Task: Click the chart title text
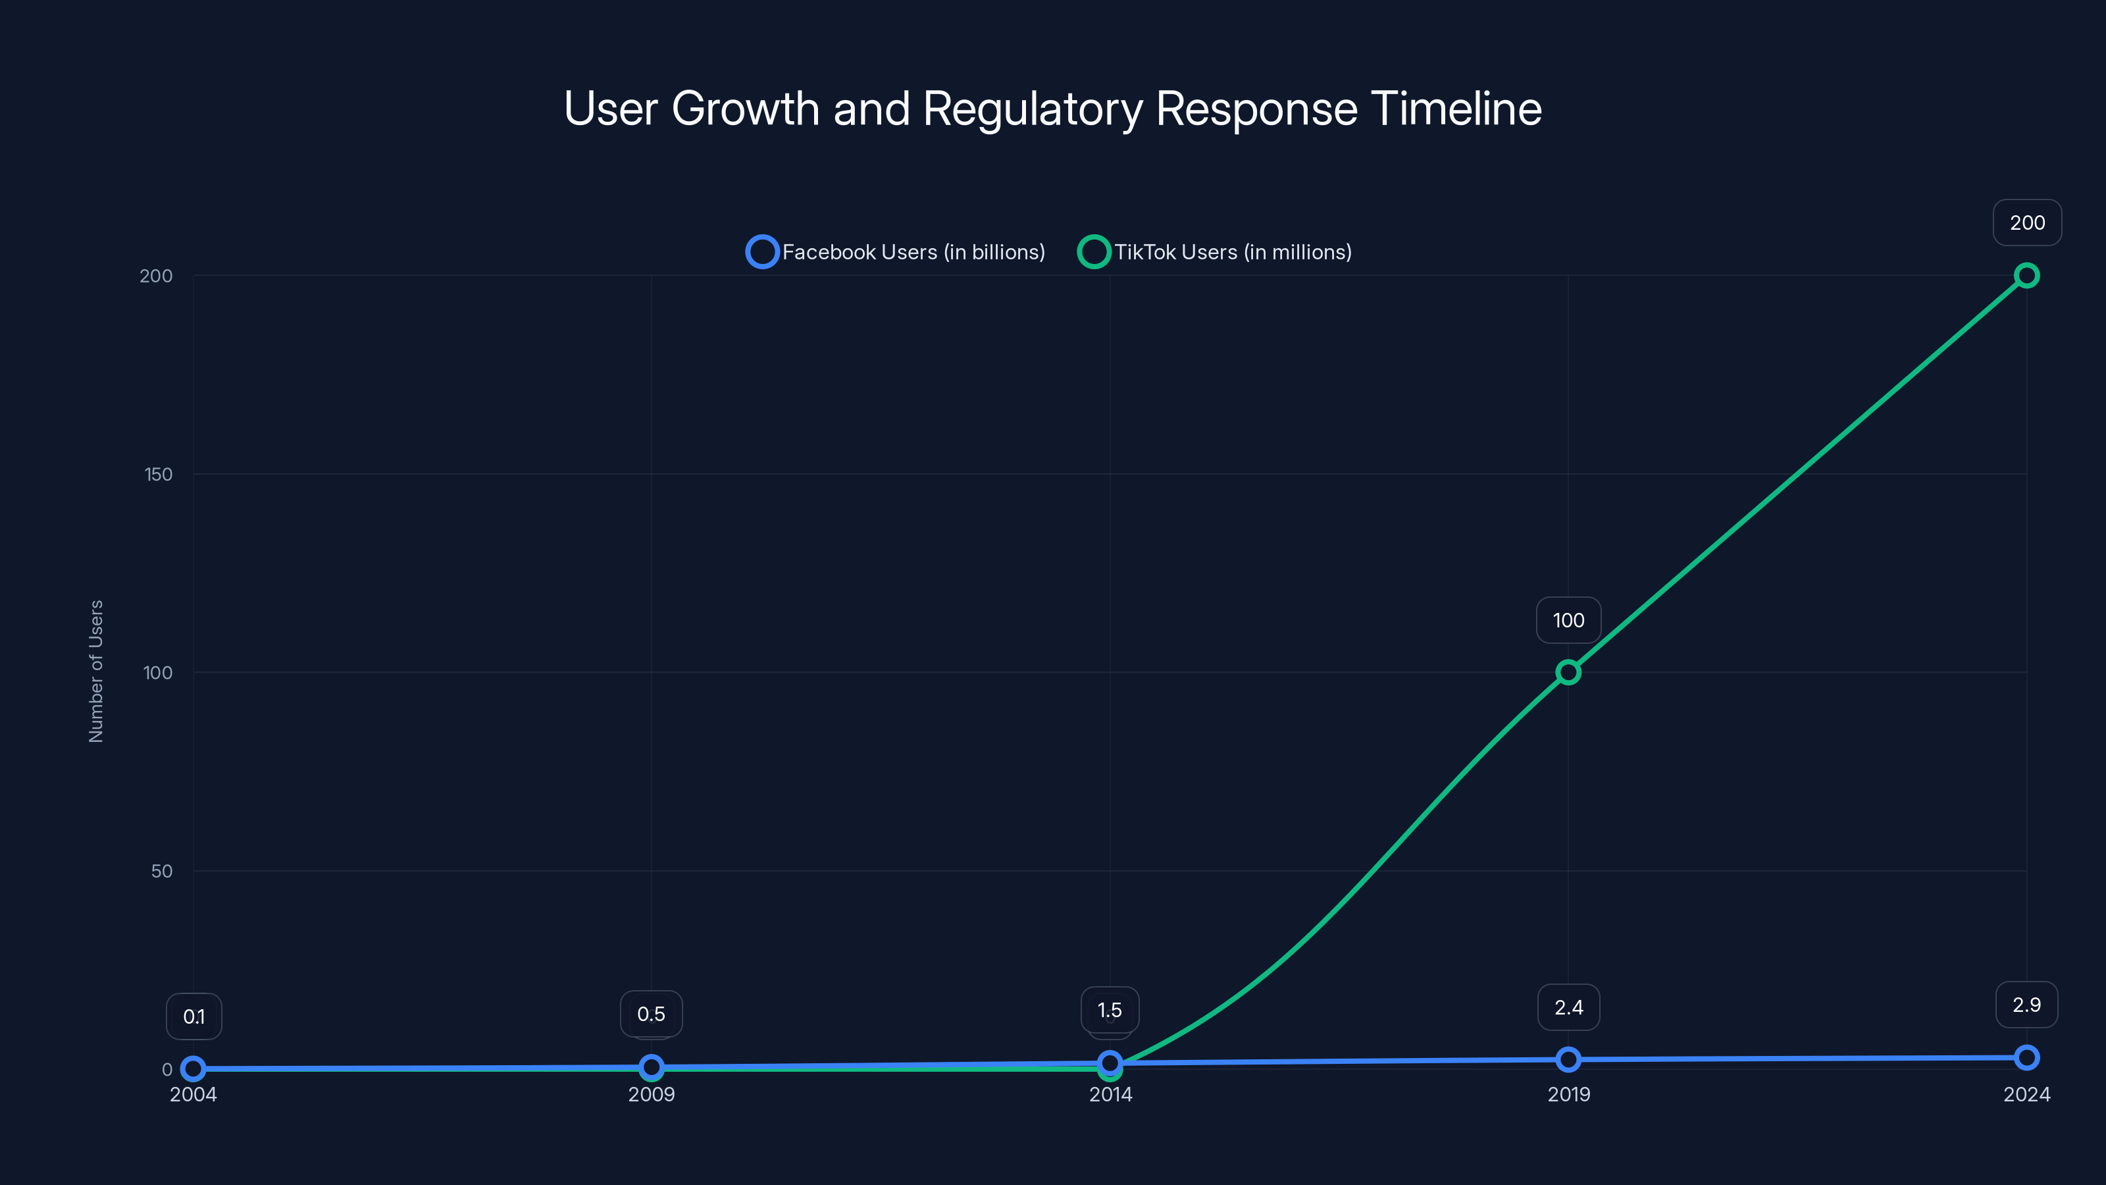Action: tap(1052, 109)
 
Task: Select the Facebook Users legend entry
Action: tap(896, 252)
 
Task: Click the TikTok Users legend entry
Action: tap(1215, 252)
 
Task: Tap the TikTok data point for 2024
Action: tap(2026, 276)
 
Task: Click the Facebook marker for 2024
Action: tap(2026, 1057)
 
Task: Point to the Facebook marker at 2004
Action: tap(193, 1068)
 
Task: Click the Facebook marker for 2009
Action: tap(652, 1066)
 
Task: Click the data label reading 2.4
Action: tap(1568, 1007)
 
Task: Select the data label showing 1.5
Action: tap(1110, 1010)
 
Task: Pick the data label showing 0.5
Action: tap(652, 1014)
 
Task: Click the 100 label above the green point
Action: tap(1568, 620)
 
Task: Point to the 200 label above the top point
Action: tap(2027, 223)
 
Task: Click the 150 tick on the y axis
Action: tap(159, 474)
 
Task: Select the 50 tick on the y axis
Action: tap(162, 871)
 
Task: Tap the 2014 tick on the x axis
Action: tap(1110, 1094)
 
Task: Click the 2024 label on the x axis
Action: tap(2026, 1094)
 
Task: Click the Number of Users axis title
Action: tap(95, 671)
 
